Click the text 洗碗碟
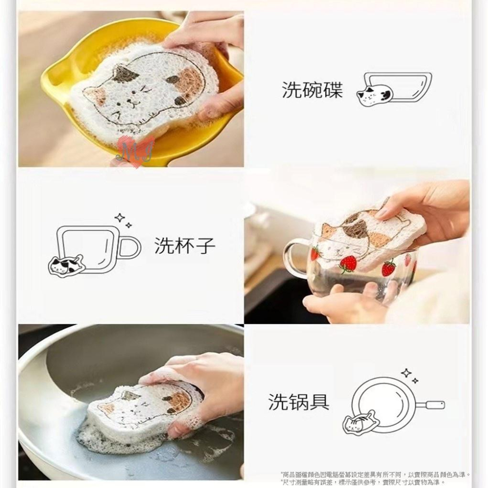pyautogui.click(x=312, y=90)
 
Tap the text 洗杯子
pyautogui.click(x=185, y=245)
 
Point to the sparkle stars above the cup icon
pyautogui.click(x=123, y=220)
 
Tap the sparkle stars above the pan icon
pyautogui.click(x=409, y=376)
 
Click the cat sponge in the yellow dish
pyautogui.click(x=146, y=88)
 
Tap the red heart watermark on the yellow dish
pyautogui.click(x=136, y=151)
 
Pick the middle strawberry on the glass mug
pyautogui.click(x=347, y=264)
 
